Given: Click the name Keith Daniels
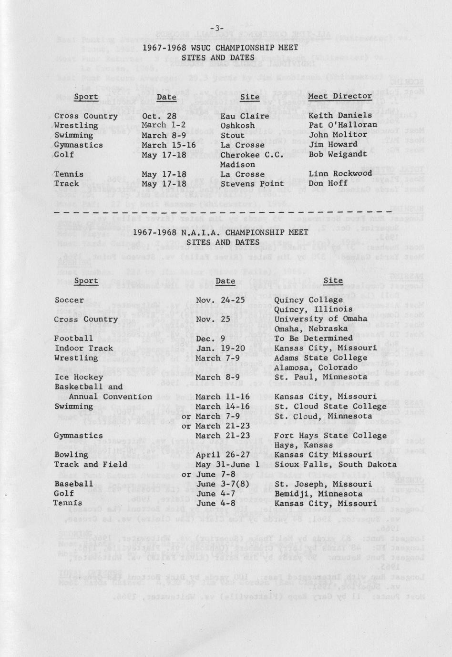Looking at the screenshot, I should (340, 115).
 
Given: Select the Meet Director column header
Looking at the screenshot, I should (339, 96).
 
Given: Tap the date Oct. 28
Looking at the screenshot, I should (159, 116).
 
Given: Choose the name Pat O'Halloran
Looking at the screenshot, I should (342, 125).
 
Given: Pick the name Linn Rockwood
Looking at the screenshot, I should (340, 174).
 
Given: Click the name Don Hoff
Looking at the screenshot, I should (329, 183).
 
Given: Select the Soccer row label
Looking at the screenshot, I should (69, 300).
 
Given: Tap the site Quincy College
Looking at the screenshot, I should (308, 300).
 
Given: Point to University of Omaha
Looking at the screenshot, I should (321, 319).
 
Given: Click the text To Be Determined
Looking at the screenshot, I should (313, 338).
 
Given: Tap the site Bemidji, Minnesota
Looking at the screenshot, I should (318, 494).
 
